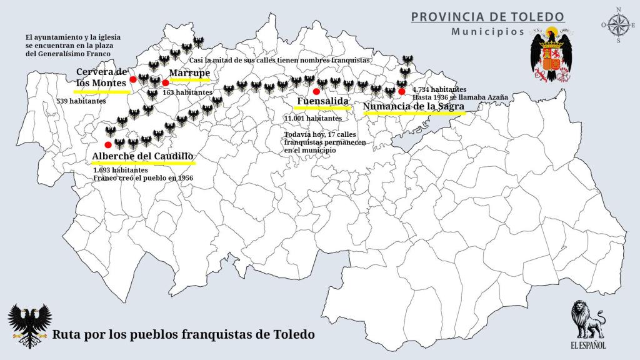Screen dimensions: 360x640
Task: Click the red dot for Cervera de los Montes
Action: (x=133, y=79)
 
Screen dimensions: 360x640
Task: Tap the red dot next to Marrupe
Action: (x=165, y=82)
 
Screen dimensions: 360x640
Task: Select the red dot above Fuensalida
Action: (x=316, y=91)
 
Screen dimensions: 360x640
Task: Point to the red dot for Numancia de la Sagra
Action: (x=401, y=91)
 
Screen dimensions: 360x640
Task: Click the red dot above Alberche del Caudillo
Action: (x=108, y=145)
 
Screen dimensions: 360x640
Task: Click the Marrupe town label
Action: (x=189, y=72)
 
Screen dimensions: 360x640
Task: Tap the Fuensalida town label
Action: (x=322, y=101)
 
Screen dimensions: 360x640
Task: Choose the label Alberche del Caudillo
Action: (x=142, y=156)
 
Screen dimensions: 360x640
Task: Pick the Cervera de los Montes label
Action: (x=102, y=77)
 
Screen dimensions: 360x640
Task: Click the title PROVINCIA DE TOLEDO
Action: (x=487, y=16)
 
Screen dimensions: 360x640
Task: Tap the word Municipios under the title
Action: (x=487, y=31)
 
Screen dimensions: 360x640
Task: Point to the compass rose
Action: (x=618, y=25)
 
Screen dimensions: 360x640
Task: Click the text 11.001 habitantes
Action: (x=312, y=118)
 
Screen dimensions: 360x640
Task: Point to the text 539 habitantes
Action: (x=81, y=101)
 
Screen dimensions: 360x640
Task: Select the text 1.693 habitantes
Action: (x=121, y=170)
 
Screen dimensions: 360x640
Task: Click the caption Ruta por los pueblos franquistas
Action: (x=184, y=334)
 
